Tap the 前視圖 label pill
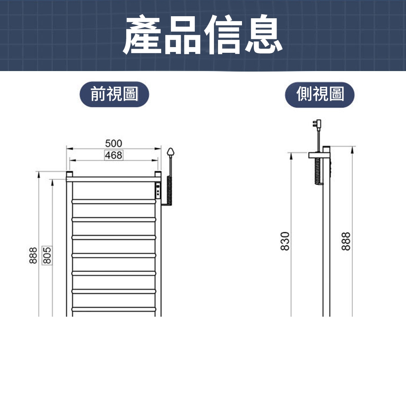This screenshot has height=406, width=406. (114, 94)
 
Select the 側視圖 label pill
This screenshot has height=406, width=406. (320, 94)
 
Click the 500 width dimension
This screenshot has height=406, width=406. (113, 143)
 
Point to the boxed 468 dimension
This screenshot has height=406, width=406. (114, 155)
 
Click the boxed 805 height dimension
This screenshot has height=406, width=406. (47, 255)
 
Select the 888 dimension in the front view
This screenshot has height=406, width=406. (33, 255)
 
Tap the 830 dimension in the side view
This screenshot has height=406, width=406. (285, 241)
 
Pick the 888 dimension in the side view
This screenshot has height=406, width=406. (346, 241)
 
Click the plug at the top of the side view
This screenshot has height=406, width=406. (317, 124)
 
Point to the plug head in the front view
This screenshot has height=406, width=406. (171, 152)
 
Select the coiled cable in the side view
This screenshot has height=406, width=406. (318, 171)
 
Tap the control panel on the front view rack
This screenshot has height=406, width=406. (158, 190)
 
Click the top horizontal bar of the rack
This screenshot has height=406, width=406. (114, 179)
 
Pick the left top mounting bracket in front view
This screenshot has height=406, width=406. (70, 174)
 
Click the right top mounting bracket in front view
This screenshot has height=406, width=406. (158, 174)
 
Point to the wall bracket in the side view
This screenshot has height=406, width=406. (319, 155)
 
